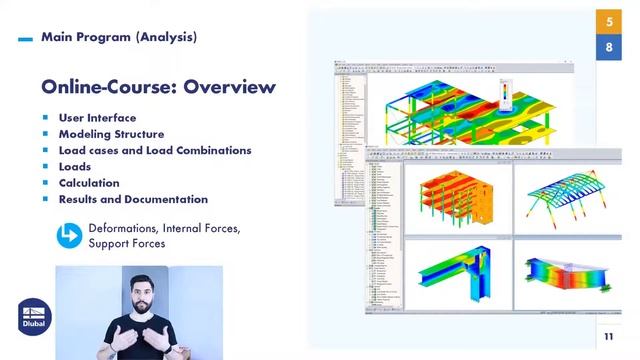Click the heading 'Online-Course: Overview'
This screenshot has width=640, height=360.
[x=158, y=86]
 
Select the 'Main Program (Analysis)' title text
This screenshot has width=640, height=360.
[x=119, y=37]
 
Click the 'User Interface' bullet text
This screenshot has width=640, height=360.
[x=97, y=117]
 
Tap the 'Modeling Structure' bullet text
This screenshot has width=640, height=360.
[x=111, y=134]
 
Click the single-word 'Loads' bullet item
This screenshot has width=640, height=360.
[x=75, y=166]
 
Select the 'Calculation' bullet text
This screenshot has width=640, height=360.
[x=89, y=183]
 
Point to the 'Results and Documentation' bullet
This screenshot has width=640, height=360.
[x=133, y=199]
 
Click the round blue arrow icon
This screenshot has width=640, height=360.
[x=69, y=236]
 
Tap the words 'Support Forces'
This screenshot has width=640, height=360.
[x=127, y=244]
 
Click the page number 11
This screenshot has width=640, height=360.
[x=608, y=337]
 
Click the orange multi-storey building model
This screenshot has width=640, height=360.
[x=455, y=200]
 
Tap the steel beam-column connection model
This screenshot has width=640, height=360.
[x=455, y=272]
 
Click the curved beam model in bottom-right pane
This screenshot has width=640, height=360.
[x=565, y=272]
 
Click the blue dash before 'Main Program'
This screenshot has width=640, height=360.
[x=25, y=39]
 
